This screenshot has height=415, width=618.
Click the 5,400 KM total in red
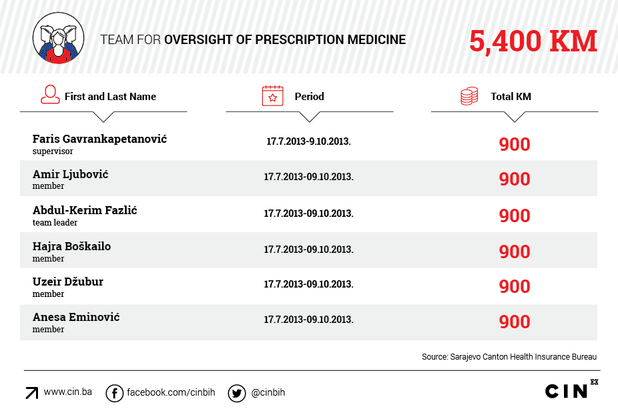pyautogui.click(x=533, y=41)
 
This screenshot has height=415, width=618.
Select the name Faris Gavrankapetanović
pyautogui.click(x=99, y=139)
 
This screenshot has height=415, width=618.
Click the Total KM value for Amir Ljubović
pyautogui.click(x=515, y=179)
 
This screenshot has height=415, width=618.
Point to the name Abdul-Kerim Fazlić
pyautogui.click(x=85, y=210)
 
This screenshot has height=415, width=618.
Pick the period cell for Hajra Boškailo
pyautogui.click(x=308, y=250)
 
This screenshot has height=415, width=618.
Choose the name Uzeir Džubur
pyautogui.click(x=68, y=282)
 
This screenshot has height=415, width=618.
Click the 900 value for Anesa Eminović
pyautogui.click(x=515, y=322)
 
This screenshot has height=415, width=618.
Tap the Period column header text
pyautogui.click(x=309, y=97)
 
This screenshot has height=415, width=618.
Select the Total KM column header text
pyautogui.click(x=511, y=97)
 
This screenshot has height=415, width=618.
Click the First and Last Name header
pyautogui.click(x=110, y=97)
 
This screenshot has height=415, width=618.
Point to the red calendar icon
pyautogui.click(x=272, y=96)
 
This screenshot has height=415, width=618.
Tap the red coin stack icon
pyautogui.click(x=469, y=96)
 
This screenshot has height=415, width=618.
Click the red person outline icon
pyautogui.click(x=49, y=95)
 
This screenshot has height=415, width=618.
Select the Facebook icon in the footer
pyautogui.click(x=115, y=394)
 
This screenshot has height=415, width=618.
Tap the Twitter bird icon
pyautogui.click(x=236, y=394)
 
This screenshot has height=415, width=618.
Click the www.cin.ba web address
pyautogui.click(x=67, y=392)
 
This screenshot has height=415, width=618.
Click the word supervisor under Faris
pyautogui.click(x=53, y=151)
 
